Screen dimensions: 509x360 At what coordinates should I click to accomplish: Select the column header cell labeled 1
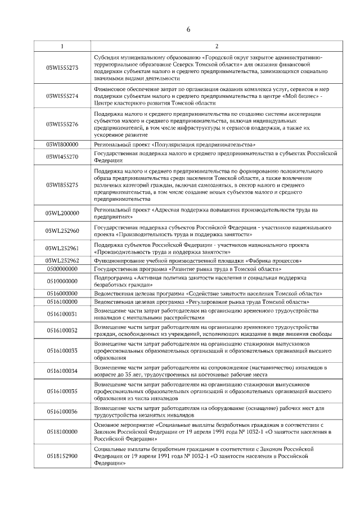62,46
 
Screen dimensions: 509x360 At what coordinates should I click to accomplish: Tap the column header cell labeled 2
216,46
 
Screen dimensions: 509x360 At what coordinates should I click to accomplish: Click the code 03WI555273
62,68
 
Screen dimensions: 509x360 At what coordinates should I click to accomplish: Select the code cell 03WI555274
62,96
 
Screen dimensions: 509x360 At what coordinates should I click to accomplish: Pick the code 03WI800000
62,144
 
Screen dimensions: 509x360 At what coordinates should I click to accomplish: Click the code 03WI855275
62,184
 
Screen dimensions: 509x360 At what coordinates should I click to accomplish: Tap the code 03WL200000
62,213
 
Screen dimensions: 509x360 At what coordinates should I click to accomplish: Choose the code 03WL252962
62,260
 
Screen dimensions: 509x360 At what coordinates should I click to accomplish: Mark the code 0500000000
62,269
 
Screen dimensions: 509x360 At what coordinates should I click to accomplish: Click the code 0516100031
62,313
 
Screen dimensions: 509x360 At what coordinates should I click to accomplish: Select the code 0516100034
62,371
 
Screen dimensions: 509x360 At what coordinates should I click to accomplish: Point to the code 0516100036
62,411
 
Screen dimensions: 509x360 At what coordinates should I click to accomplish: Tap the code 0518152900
62,456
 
